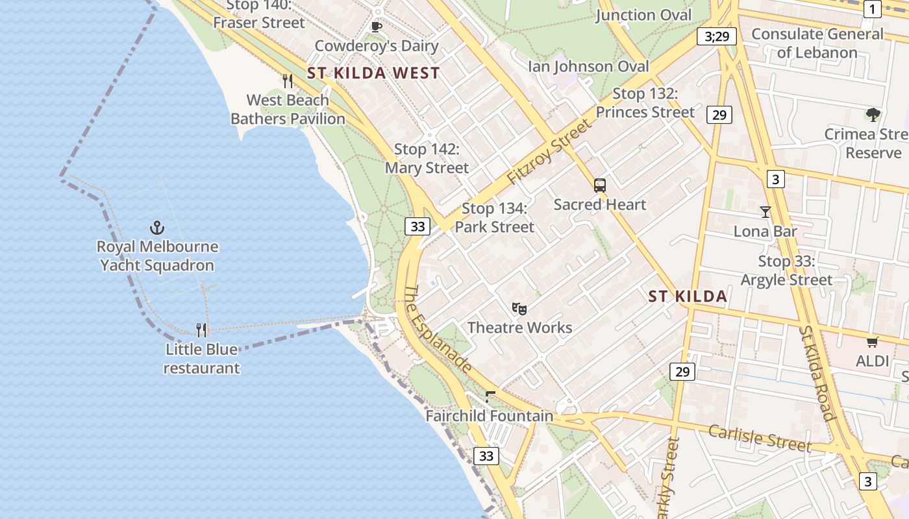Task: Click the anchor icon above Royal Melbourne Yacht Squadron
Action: [156, 228]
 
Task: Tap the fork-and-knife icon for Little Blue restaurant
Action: [202, 330]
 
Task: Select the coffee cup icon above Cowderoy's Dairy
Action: [376, 27]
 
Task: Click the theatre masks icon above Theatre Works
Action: [519, 308]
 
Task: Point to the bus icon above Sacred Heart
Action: [600, 186]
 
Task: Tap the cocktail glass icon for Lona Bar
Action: [766, 212]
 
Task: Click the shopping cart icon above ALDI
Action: [872, 342]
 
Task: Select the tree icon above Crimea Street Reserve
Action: [873, 115]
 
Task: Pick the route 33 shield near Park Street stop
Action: [418, 226]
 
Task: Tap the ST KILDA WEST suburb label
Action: [373, 73]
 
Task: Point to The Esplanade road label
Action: [438, 330]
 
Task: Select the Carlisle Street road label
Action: [760, 439]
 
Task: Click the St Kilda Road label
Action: [816, 373]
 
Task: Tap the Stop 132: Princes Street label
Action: [645, 103]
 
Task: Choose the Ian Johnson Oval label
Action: [588, 66]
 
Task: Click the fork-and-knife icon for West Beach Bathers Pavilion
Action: [288, 81]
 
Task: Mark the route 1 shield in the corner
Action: [872, 8]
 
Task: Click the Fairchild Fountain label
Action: [490, 416]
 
